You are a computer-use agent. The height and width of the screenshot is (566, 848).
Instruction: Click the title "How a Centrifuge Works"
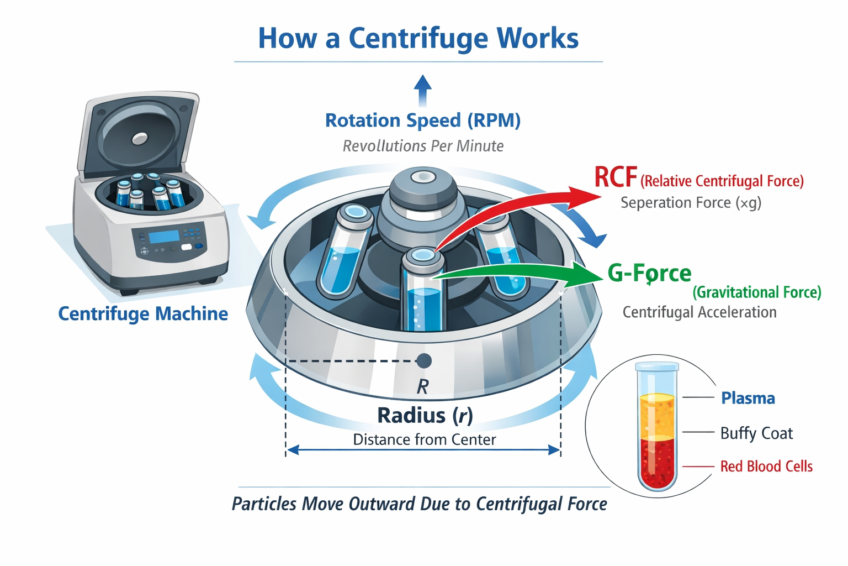[418, 38]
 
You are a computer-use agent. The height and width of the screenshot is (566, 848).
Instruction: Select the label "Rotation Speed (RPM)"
[422, 120]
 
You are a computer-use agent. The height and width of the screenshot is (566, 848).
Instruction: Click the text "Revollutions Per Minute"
[422, 146]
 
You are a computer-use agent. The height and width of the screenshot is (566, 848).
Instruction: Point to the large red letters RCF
[615, 178]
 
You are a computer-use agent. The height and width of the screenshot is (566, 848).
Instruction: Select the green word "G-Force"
[649, 273]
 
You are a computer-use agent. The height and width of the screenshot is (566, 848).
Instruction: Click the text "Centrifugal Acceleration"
[699, 312]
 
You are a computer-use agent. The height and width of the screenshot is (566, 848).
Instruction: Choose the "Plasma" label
[748, 398]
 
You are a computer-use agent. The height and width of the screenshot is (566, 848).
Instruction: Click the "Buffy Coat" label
[756, 433]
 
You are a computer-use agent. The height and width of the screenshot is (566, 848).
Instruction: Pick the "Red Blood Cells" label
[766, 467]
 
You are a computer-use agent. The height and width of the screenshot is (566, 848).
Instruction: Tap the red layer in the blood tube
[656, 462]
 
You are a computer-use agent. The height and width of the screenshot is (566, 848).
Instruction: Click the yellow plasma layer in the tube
[656, 415]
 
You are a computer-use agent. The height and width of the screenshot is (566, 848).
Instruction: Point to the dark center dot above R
[423, 361]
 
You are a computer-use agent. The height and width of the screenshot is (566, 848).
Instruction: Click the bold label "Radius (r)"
[425, 415]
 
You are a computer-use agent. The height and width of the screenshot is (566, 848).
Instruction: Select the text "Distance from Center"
[424, 439]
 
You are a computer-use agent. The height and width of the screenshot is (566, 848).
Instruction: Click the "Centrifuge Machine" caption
[143, 314]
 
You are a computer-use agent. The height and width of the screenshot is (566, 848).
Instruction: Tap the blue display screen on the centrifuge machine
[164, 237]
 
